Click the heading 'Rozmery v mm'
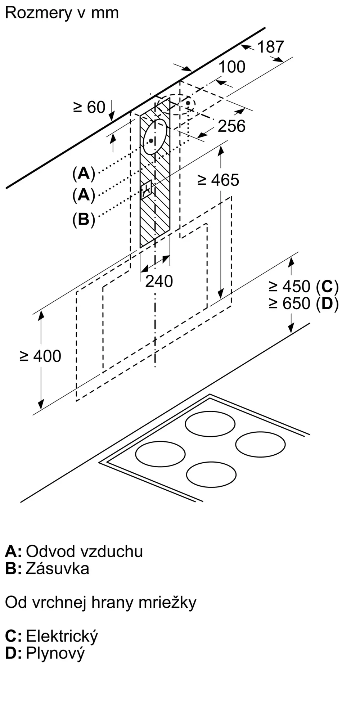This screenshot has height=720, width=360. pyautogui.click(x=62, y=13)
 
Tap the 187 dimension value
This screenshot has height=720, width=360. pyautogui.click(x=271, y=47)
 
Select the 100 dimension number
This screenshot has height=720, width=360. pyautogui.click(x=232, y=67)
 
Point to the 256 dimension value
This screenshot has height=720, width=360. pyautogui.click(x=232, y=126)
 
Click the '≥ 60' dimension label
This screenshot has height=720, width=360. pyautogui.click(x=89, y=107)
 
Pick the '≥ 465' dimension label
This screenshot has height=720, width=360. pyautogui.click(x=219, y=180)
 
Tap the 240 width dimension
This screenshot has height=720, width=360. pyautogui.click(x=159, y=281)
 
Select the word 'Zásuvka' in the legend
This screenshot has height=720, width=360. pyautogui.click(x=58, y=568)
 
